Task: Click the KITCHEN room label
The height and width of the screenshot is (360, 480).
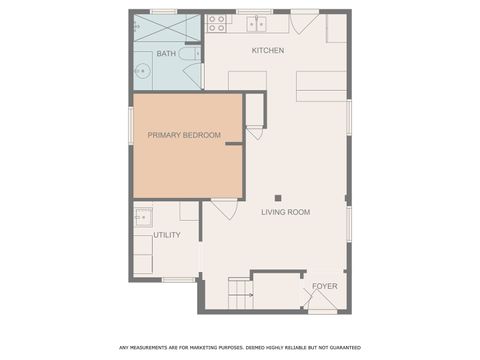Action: click(x=267, y=50)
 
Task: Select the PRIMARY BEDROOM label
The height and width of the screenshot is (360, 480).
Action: click(x=184, y=135)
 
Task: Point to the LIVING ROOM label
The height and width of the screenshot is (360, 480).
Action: click(x=285, y=212)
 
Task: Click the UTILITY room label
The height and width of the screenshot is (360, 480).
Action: click(x=166, y=236)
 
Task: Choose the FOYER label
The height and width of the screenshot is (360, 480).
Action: click(x=324, y=286)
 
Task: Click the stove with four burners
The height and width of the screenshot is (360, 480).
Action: click(x=215, y=23)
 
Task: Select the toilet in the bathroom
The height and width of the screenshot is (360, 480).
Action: click(x=189, y=53)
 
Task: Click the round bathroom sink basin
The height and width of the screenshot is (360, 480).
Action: click(x=142, y=70)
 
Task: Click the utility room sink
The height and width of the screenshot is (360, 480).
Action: click(x=142, y=216)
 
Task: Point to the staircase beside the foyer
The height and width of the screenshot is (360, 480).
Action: click(x=239, y=293)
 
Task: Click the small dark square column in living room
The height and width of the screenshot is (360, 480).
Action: click(x=278, y=197)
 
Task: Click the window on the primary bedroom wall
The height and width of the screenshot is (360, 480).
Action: click(x=130, y=125)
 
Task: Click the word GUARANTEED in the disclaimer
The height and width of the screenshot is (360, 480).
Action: click(x=342, y=348)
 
